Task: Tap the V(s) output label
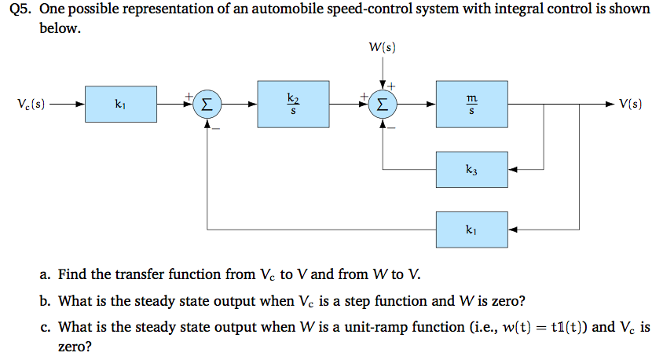[x=631, y=104]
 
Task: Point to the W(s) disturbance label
[x=382, y=48]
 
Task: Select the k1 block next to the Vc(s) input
[x=119, y=104]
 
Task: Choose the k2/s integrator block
[x=293, y=104]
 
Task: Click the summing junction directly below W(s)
[x=382, y=104]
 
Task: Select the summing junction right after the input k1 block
[x=207, y=104]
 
